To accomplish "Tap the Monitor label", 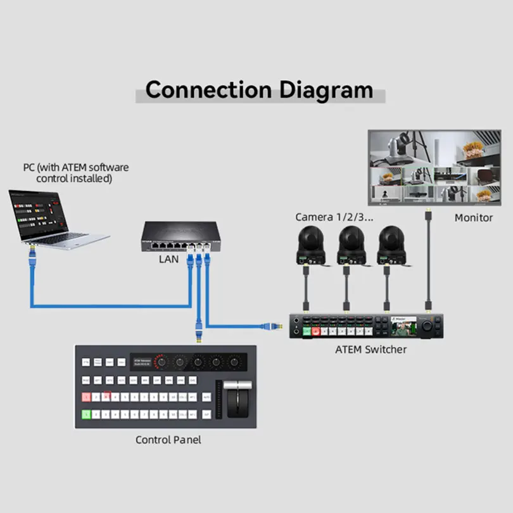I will pyautogui.click(x=473, y=218).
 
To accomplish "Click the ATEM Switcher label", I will pyautogui.click(x=370, y=349).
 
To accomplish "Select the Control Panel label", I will pyautogui.click(x=168, y=440).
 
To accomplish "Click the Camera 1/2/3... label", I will pyautogui.click(x=332, y=217).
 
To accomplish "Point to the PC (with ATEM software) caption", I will pyautogui.click(x=75, y=173).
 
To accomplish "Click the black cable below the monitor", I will pyautogui.click(x=429, y=266).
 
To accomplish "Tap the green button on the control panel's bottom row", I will pyautogui.click(x=86, y=415).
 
